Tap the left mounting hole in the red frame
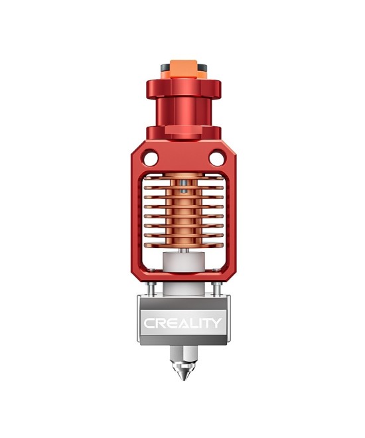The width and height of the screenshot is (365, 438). click(x=151, y=159)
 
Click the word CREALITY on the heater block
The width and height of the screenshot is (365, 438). click(x=183, y=324)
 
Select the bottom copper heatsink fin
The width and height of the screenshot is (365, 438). click(x=183, y=244)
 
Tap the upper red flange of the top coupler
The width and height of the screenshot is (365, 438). click(x=183, y=88)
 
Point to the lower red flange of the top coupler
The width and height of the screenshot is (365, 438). click(x=183, y=131)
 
